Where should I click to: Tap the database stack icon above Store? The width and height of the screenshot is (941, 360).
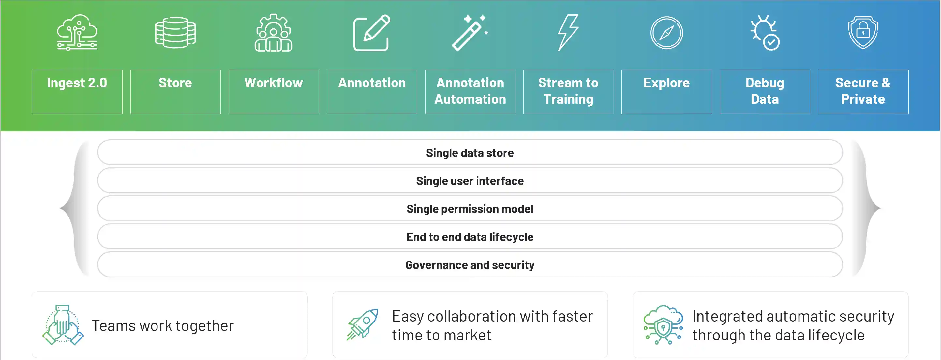point(175,33)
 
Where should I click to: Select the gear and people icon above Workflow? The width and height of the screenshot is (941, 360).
point(274,33)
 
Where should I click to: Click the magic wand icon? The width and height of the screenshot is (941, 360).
point(470,33)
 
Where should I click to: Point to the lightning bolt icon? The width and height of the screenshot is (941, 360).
point(568,33)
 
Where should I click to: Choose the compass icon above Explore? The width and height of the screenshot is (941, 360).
point(667,33)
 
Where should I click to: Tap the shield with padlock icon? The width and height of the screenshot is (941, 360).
point(863,33)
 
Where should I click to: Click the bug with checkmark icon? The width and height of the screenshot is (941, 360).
point(765,33)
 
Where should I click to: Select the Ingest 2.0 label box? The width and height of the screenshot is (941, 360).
point(77,92)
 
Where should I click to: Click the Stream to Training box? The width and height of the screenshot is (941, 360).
point(568,92)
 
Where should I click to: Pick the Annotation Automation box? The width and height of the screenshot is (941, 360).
point(470,92)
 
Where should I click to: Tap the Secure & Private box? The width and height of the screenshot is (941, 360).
point(863,92)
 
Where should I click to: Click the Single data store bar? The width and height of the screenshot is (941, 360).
point(470,152)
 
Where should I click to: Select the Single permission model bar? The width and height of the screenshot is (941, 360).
point(470,209)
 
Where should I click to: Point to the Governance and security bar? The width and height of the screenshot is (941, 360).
point(470,264)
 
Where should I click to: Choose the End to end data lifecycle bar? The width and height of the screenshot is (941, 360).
point(470,237)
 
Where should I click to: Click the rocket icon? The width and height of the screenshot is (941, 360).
point(362,324)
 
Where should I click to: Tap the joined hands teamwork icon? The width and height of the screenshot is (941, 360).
point(63,325)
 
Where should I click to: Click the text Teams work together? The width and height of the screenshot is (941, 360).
point(163,326)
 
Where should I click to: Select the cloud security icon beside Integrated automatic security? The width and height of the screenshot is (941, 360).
point(663,325)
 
